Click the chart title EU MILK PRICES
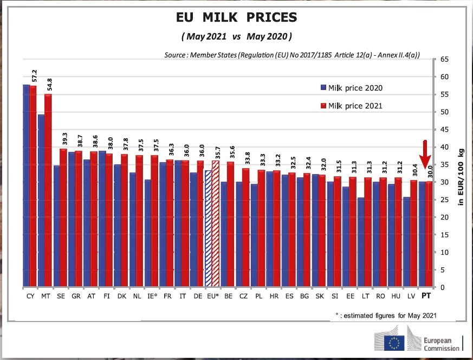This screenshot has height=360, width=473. pos(236,17)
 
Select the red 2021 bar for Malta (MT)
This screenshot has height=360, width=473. pos(48,190)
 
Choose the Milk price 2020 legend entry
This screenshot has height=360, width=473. pos(352,87)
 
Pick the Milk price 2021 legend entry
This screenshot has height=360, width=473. pos(352,106)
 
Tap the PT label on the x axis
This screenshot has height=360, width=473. pos(426,297)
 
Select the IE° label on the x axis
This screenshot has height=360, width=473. pos(152,297)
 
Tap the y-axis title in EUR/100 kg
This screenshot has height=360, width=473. pos(461,173)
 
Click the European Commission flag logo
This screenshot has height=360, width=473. pos(394,341)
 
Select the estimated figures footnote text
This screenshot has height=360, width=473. pos(386,315)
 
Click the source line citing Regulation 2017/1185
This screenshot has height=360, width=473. pos(293,55)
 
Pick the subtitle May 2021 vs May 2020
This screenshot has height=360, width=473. pos(236,37)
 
